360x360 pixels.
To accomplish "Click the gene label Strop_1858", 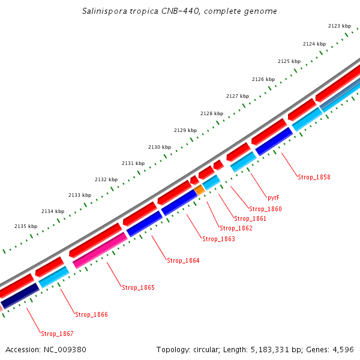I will (314, 177).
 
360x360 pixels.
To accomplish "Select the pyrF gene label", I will (274, 197).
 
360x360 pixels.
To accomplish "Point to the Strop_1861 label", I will (250, 218).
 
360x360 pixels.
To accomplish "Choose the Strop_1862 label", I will (236, 228).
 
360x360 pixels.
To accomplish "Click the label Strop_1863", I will (218, 239).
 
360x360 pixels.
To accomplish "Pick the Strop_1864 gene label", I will (183, 260).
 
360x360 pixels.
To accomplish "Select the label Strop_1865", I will (138, 287).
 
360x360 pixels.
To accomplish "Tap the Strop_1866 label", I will (91, 314).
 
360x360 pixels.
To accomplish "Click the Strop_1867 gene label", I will (57, 334).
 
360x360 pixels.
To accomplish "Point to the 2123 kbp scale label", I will (340, 26).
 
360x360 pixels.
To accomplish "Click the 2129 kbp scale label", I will (185, 130).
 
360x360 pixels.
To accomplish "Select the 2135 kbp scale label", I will (26, 226).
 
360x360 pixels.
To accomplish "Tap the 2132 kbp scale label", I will (106, 179).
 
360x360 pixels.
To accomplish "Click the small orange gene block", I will (200, 190).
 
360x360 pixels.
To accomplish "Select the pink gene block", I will (100, 250).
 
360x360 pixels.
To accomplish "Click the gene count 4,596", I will (343, 349).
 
